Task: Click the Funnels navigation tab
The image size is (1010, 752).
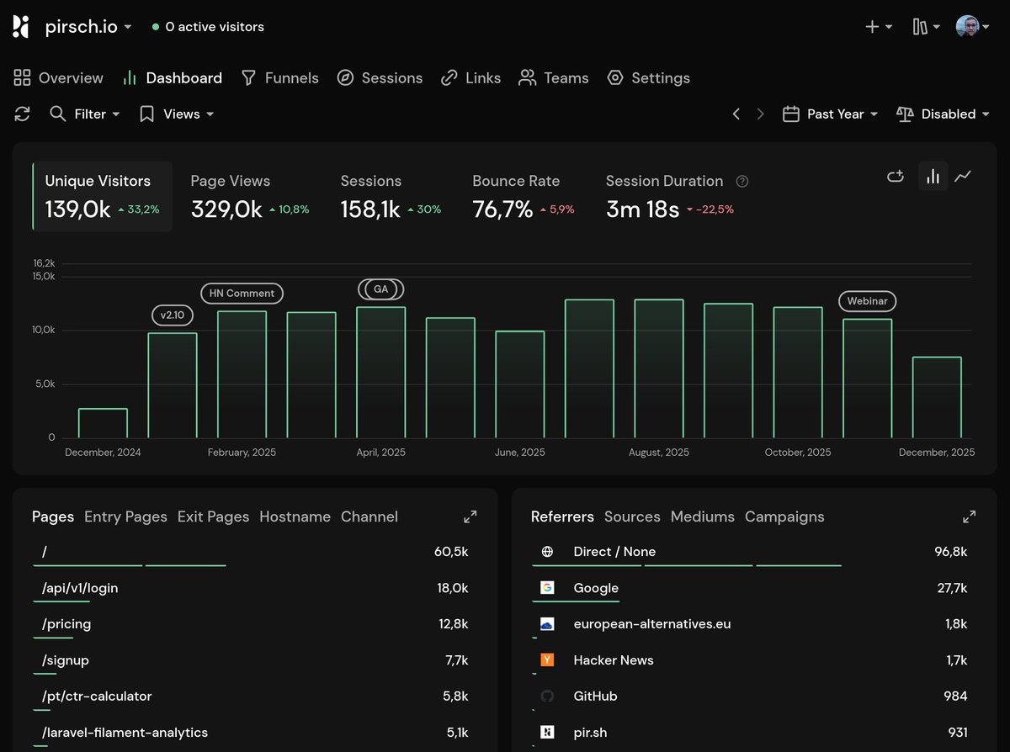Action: [x=280, y=78]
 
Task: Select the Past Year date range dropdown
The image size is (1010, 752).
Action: [x=830, y=114]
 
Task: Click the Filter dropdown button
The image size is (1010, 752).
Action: [x=85, y=114]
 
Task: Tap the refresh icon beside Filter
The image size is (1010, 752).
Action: [x=23, y=114]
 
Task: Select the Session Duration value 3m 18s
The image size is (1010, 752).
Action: [x=642, y=209]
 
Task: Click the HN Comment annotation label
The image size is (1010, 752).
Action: [x=242, y=294]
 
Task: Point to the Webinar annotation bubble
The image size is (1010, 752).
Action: [x=867, y=301]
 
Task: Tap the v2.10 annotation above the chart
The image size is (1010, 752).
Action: [x=173, y=315]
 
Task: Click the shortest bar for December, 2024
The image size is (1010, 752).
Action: [x=103, y=423]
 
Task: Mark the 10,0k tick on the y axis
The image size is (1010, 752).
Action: [x=44, y=330]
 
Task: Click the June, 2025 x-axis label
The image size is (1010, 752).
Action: [x=519, y=453]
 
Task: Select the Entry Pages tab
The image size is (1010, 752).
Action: [x=125, y=516]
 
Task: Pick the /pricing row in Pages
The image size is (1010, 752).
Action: [x=67, y=624]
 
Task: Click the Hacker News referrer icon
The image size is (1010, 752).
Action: [x=547, y=660]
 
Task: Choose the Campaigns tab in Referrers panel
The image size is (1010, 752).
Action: [x=784, y=516]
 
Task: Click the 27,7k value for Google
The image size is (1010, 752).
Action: [x=952, y=588]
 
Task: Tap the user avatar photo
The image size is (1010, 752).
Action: [x=967, y=26]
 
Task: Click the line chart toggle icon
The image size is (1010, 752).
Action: [x=963, y=176]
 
